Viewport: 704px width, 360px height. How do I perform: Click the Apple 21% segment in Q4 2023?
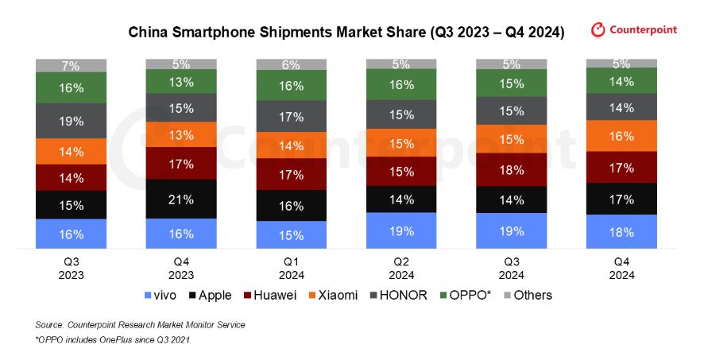181,199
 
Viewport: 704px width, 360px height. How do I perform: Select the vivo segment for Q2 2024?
401,231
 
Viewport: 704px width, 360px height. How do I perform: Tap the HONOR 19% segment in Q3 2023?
71,121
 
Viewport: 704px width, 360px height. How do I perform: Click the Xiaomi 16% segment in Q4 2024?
621,136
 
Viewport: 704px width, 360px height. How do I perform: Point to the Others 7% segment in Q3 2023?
71,65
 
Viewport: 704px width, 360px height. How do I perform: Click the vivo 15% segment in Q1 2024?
291,235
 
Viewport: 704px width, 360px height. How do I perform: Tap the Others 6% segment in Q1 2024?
291,64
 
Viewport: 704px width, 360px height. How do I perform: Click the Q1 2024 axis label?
291,269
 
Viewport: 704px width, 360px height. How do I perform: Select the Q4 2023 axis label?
181,269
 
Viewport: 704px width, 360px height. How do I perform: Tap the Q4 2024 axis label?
621,269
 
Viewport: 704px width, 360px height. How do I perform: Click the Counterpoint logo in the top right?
634,30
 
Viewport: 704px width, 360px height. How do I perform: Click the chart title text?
346,33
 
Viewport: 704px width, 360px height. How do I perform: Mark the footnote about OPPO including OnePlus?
114,340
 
